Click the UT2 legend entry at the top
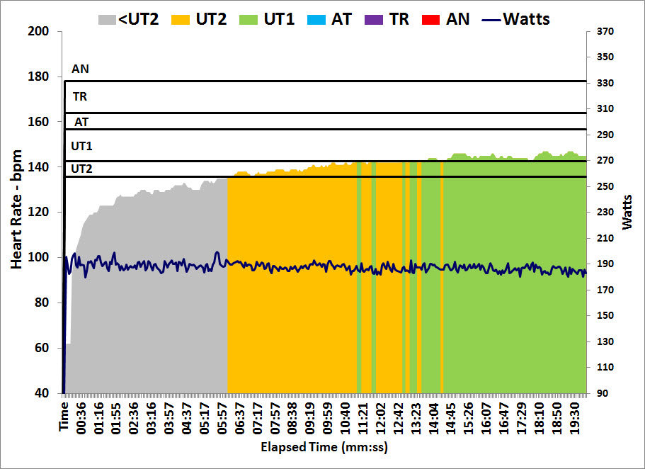tap(200, 18)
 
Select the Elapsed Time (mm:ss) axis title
tap(324, 447)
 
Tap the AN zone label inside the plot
tap(80, 69)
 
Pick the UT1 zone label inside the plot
tap(81, 146)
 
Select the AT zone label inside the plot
tap(81, 122)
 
